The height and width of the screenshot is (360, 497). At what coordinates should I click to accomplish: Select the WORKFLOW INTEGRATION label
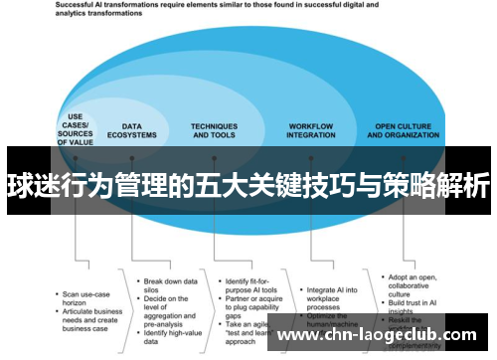[310, 131]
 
